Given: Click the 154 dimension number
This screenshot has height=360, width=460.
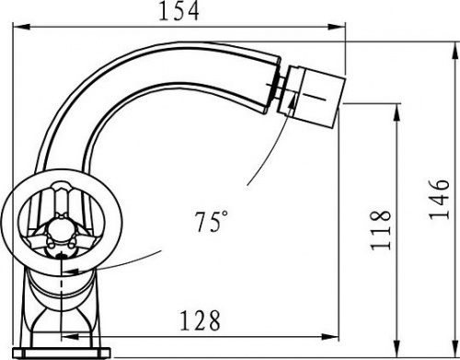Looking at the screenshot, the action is [x=178, y=11].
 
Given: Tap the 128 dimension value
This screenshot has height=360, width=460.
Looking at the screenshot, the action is [x=200, y=321].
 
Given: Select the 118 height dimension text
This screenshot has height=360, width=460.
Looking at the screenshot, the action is [x=381, y=230].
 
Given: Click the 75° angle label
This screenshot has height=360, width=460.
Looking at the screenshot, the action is [x=212, y=221].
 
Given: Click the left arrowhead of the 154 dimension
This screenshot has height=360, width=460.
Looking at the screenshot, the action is [x=21, y=28].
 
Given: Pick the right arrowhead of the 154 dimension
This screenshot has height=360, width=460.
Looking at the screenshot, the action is [x=337, y=27].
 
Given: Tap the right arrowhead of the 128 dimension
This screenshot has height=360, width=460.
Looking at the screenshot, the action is [x=330, y=337].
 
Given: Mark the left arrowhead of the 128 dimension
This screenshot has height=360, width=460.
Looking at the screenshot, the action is [x=70, y=337].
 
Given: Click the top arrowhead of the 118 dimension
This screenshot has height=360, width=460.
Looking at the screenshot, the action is [x=397, y=112].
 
